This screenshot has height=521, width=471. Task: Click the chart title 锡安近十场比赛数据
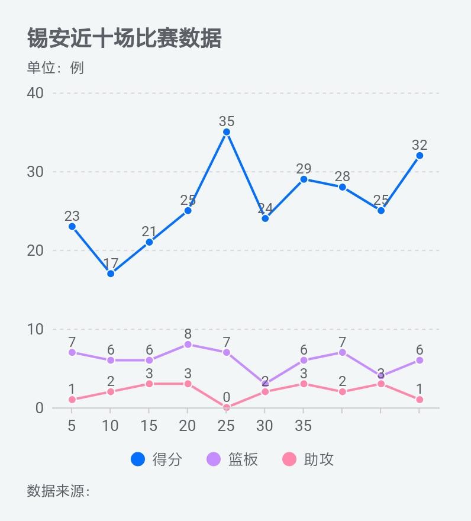click(x=124, y=38)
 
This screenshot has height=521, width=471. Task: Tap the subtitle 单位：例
click(x=56, y=67)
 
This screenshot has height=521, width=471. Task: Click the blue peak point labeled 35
click(x=227, y=133)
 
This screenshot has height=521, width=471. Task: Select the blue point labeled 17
click(x=111, y=274)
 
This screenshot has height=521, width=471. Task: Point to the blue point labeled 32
click(x=420, y=156)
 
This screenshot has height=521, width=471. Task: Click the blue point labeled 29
click(x=304, y=179)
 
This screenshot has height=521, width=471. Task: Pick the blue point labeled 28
click(x=342, y=187)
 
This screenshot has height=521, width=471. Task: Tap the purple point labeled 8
click(x=188, y=344)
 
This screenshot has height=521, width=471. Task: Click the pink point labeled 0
click(x=227, y=407)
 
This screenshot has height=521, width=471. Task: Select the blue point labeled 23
click(x=72, y=227)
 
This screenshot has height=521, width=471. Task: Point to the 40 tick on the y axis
click(x=36, y=93)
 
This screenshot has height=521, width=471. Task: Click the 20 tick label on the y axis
click(x=36, y=250)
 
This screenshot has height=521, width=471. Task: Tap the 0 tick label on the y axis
click(x=40, y=408)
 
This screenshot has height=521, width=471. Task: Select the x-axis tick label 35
click(x=304, y=426)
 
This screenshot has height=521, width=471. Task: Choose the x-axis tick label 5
click(x=72, y=426)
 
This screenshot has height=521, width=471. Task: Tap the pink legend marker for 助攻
click(x=289, y=459)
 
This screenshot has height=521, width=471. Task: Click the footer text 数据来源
click(x=58, y=491)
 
